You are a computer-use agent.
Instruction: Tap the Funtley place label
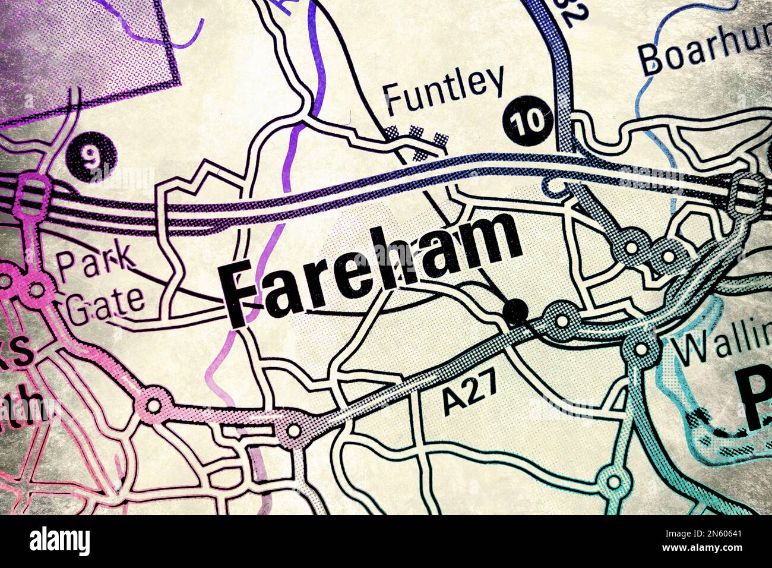click(443, 90)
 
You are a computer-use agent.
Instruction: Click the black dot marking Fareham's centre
click(514, 311)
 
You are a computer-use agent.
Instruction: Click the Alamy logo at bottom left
click(60, 541)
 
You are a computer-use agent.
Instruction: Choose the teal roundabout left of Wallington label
click(641, 348)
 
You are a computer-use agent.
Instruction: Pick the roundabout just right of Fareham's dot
click(561, 318)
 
